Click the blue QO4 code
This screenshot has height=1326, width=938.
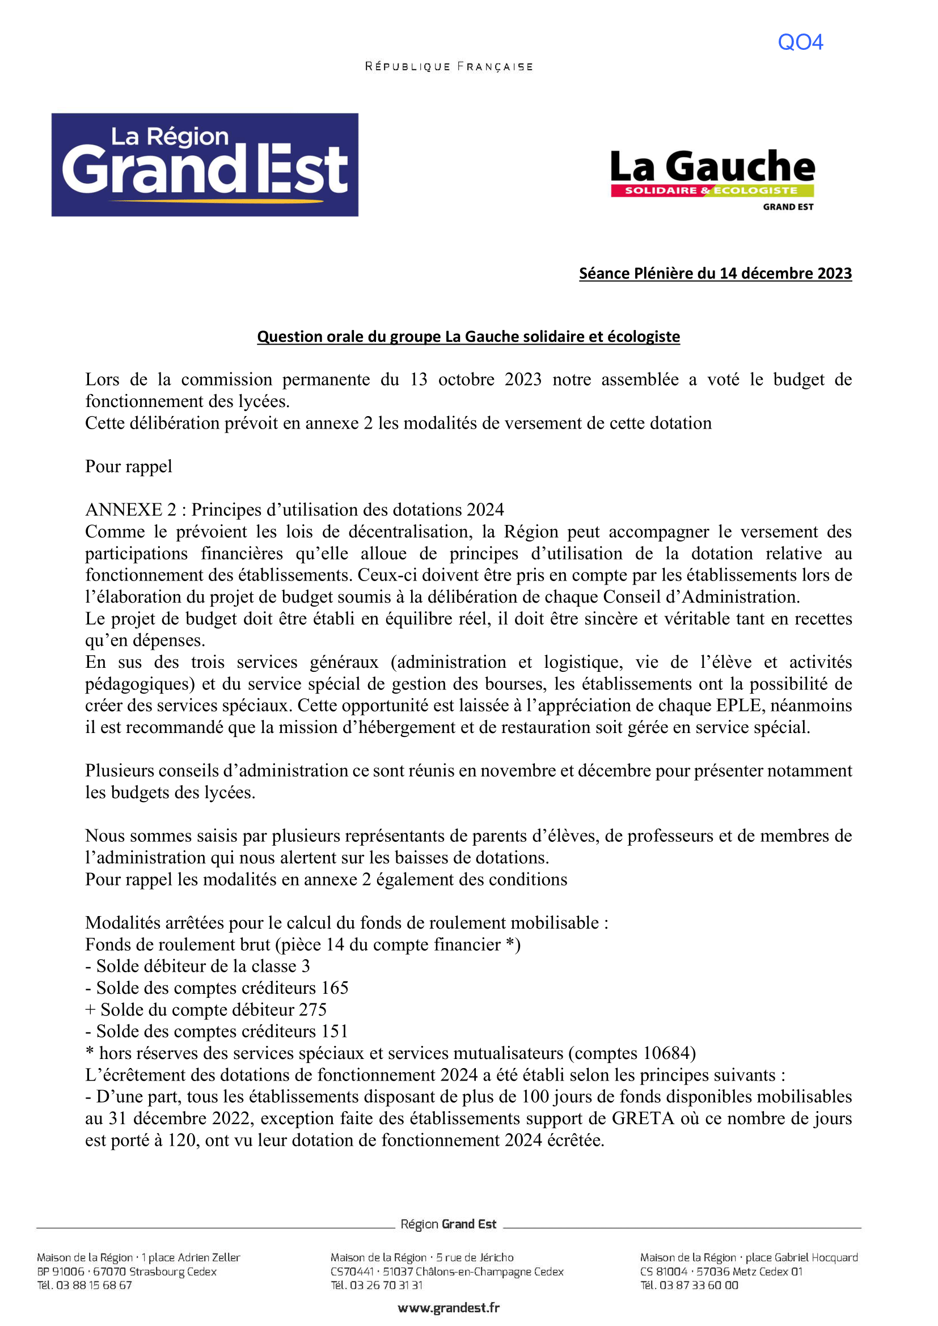[x=800, y=42]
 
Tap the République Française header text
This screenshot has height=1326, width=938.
[x=448, y=67]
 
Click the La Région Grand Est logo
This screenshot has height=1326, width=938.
[x=205, y=164]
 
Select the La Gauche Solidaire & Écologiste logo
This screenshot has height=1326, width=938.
[x=712, y=179]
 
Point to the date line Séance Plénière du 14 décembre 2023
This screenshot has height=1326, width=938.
[x=715, y=273]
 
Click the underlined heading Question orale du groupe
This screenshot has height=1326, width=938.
[x=468, y=336]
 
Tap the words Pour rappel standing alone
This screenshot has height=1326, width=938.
[x=128, y=466]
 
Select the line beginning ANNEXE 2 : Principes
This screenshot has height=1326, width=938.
[x=294, y=510]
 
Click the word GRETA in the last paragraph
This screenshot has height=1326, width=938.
[x=643, y=1118]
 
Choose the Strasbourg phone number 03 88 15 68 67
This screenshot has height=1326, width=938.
[x=94, y=1285]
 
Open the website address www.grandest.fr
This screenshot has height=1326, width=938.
[x=448, y=1308]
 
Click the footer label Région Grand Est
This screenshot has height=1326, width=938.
[x=448, y=1224]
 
